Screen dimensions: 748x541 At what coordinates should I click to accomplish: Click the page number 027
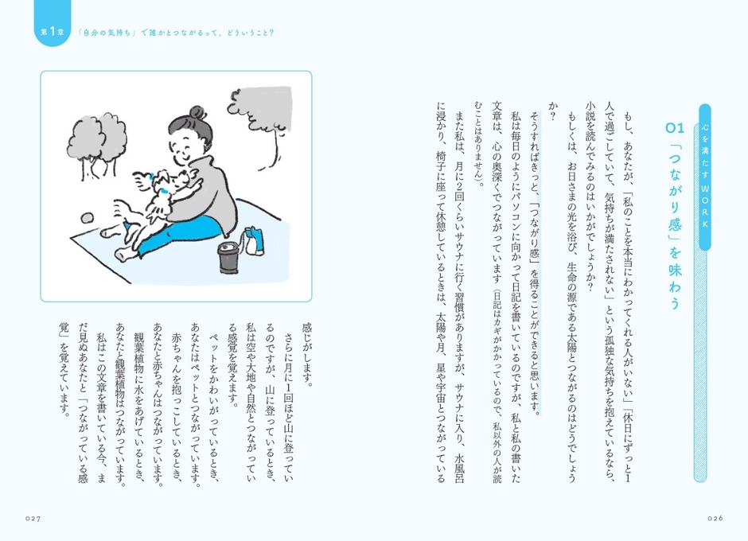[33, 519]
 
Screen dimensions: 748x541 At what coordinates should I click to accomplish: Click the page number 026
[715, 519]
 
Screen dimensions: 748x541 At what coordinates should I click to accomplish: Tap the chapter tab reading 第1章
[53, 32]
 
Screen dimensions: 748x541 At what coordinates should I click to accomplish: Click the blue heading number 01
[675, 127]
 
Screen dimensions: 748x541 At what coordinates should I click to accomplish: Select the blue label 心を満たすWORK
[705, 177]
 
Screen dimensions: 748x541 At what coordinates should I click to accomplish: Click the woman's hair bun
[198, 114]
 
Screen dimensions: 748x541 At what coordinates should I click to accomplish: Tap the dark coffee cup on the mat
[229, 258]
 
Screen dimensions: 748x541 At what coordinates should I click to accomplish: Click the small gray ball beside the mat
[87, 219]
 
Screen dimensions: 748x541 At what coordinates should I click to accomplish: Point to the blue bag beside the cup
[253, 241]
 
